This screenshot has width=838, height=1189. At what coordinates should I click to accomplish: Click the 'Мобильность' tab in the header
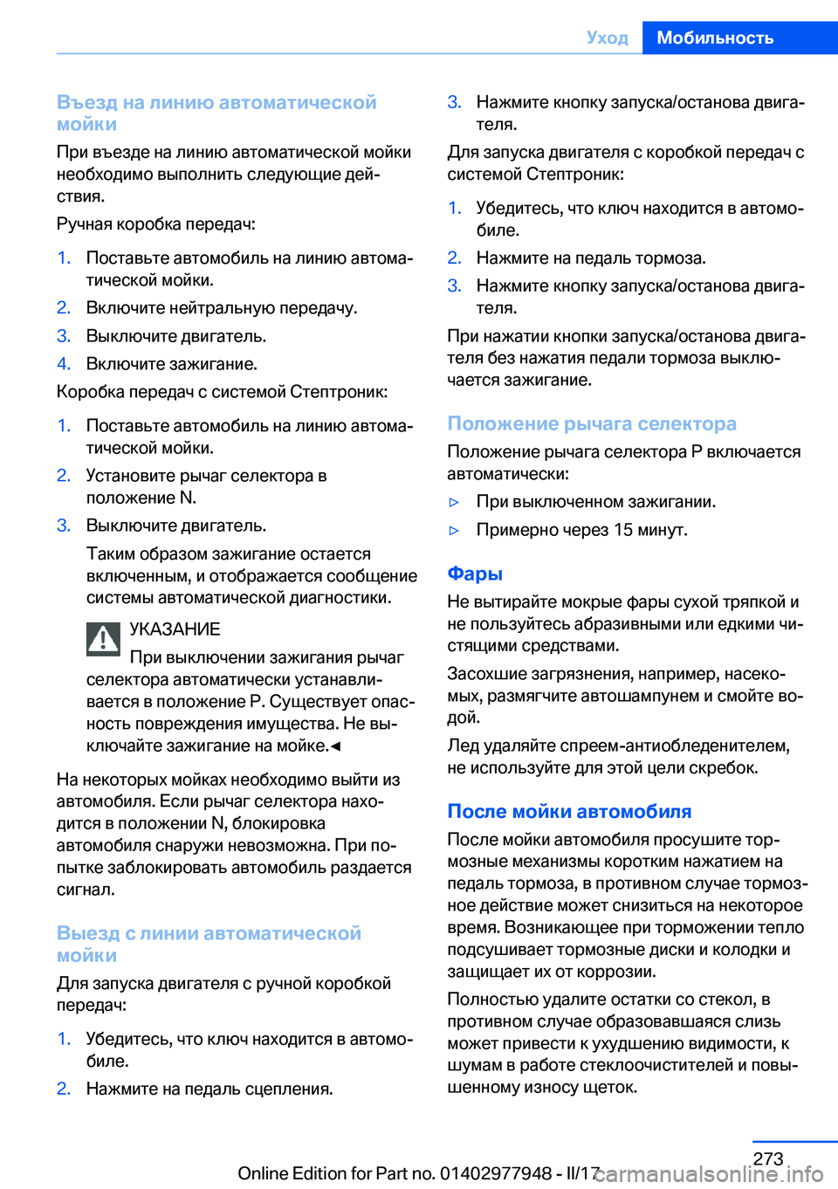(x=715, y=38)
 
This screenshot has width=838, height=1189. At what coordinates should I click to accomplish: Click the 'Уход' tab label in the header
(x=608, y=38)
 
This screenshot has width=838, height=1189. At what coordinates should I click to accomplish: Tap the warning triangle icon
(x=103, y=639)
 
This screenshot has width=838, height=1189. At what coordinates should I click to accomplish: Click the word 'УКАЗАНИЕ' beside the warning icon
(x=175, y=629)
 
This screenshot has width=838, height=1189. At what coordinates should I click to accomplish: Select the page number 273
(x=768, y=1158)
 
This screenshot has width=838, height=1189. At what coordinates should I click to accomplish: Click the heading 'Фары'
(x=475, y=574)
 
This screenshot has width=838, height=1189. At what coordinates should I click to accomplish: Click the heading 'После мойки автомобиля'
(x=569, y=811)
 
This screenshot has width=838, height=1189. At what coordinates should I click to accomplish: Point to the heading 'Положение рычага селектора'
(x=592, y=423)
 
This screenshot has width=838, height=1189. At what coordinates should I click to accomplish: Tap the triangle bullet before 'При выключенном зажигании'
(x=454, y=502)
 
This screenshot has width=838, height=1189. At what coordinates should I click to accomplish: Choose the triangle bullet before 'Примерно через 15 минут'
(x=454, y=530)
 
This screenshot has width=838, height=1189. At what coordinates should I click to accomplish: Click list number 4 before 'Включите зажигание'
(x=63, y=364)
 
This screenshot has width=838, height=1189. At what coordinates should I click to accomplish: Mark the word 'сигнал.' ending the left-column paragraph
(x=86, y=890)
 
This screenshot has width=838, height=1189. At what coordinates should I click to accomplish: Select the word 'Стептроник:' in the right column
(x=575, y=174)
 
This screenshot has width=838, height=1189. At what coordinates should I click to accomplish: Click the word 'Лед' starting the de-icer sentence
(x=464, y=746)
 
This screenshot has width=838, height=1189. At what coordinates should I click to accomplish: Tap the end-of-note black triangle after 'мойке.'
(x=336, y=746)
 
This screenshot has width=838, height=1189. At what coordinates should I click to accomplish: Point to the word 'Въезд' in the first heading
(x=87, y=102)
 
